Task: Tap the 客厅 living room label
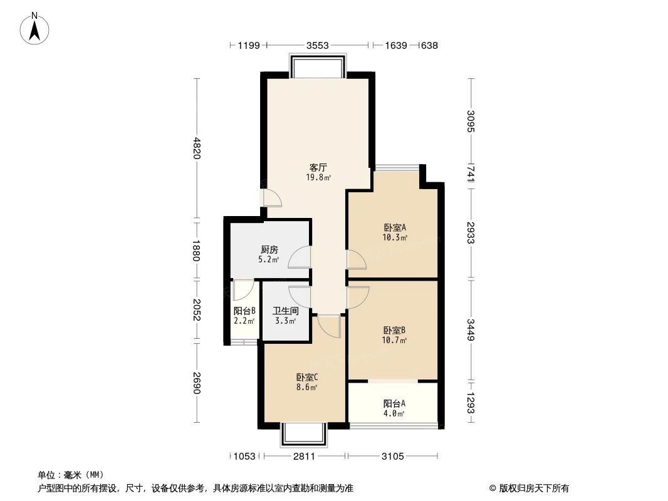[318, 168]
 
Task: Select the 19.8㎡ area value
[318, 177]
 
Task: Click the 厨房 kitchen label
[269, 249]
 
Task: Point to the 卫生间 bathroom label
[285, 311]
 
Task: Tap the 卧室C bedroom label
[307, 378]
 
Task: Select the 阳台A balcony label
[394, 403]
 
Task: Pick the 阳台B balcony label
[244, 311]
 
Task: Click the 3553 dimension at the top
[318, 45]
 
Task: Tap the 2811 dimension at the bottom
[303, 457]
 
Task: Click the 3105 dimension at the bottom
[393, 457]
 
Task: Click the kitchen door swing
[299, 258]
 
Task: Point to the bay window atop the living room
[317, 66]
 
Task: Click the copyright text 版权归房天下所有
[529, 488]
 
